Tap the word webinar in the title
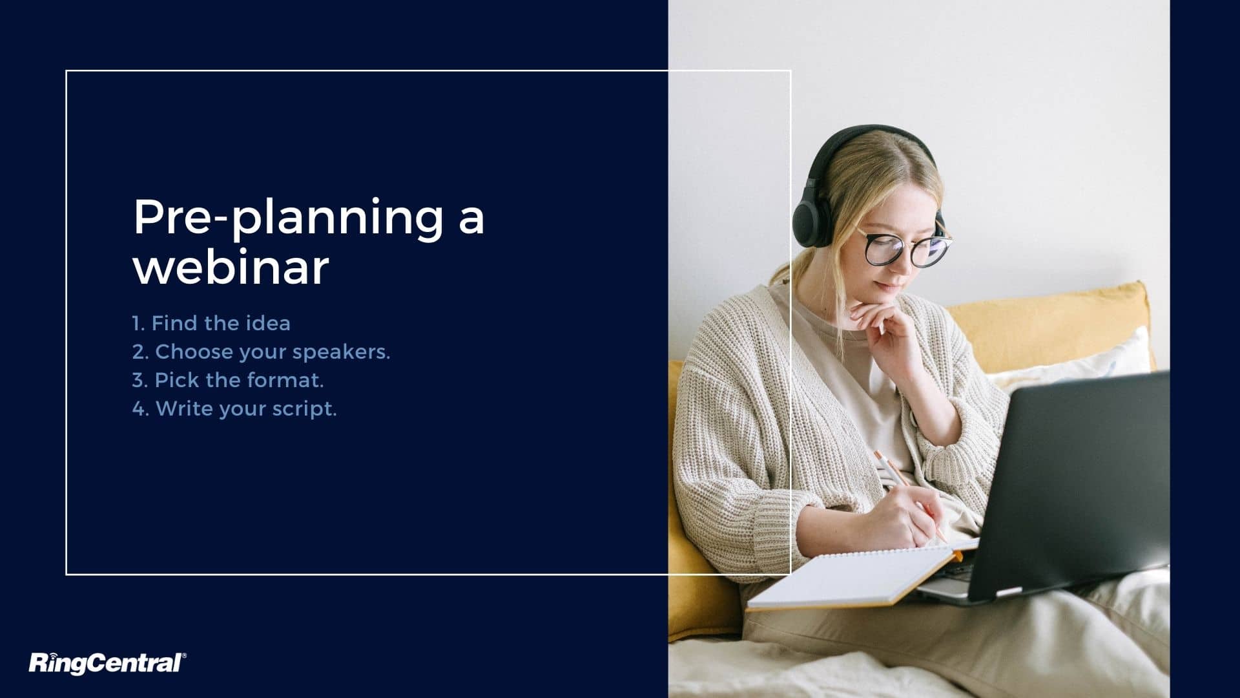(x=231, y=268)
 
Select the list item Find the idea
(x=211, y=323)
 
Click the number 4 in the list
(x=138, y=408)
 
